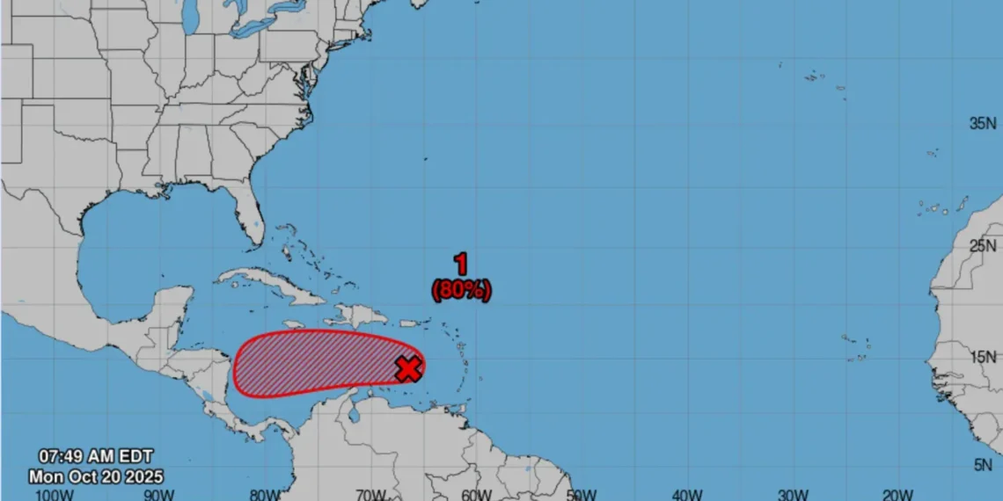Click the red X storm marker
tap(407, 368)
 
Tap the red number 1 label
tap(460, 264)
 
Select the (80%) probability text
tap(461, 289)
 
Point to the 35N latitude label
tap(983, 124)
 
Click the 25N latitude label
tap(983, 245)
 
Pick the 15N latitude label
tap(983, 357)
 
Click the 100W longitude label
tap(55, 494)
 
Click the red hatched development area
tap(317, 363)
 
